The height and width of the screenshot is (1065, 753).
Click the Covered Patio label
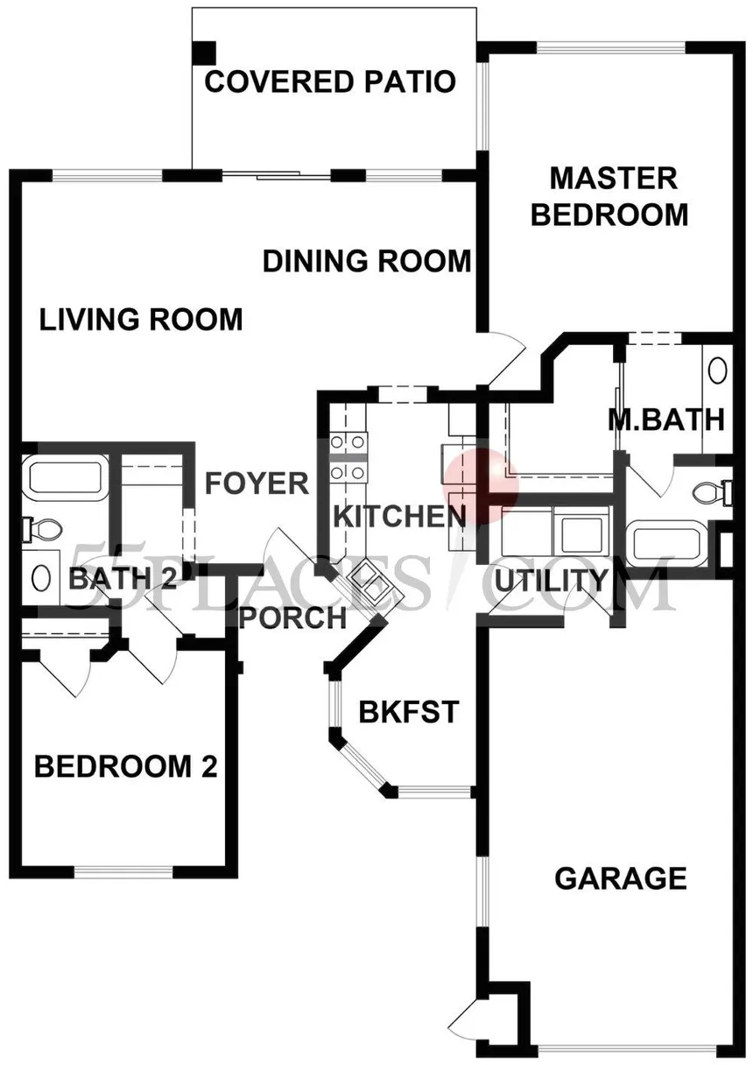pos(330,81)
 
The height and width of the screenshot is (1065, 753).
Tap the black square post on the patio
pos(204,53)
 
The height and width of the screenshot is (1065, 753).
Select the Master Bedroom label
pos(610,196)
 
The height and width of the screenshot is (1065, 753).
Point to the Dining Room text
pos(367,261)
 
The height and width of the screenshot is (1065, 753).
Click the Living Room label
pos(141,319)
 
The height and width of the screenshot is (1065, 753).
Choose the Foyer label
pos(257,483)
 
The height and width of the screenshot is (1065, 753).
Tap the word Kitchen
pos(399,517)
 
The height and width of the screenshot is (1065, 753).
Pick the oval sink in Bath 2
pos(40,578)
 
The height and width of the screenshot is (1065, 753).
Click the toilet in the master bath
pos(712,491)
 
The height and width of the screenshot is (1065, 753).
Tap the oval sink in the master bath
pos(717,370)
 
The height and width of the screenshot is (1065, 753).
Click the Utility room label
pos(552,580)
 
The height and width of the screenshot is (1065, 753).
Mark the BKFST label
pos(409,712)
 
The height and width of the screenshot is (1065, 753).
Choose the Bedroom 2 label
pos(126,766)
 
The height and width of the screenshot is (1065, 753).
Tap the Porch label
pos(292,618)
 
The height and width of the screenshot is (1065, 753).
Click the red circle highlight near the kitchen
pos(480,486)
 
